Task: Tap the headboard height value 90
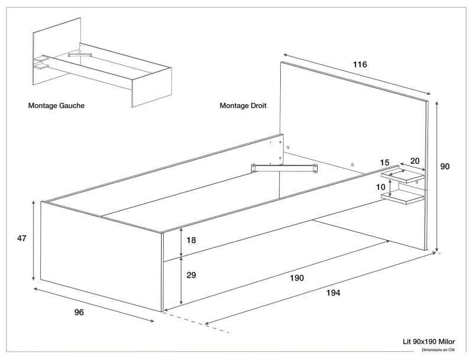(445, 167)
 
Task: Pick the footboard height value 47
(22, 238)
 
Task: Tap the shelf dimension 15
(385, 162)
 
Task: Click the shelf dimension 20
(414, 161)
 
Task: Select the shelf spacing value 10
(381, 187)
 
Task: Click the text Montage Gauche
(56, 106)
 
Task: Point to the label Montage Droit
(243, 106)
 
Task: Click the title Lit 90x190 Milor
(429, 341)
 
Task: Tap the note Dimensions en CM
(438, 349)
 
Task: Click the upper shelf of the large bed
(403, 175)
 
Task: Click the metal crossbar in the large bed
(284, 169)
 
